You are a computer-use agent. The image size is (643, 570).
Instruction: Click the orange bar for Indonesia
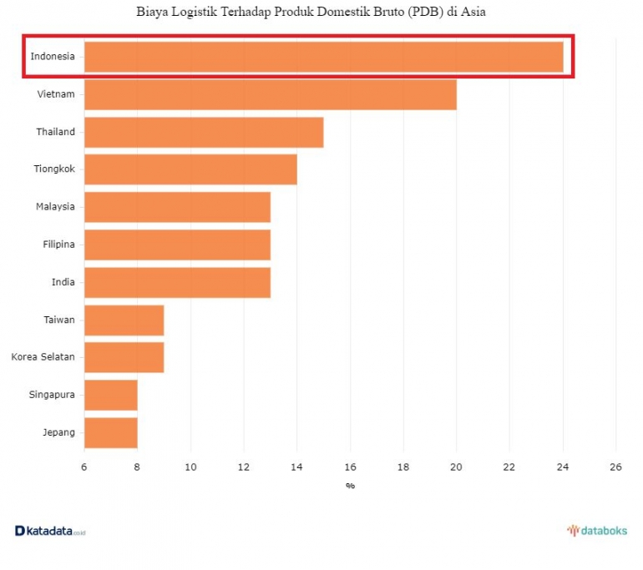coord(323,57)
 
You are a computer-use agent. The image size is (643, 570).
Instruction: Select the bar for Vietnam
coord(270,94)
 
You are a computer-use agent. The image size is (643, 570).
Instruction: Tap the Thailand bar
coord(204,132)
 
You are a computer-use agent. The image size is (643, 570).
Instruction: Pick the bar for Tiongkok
coord(190,169)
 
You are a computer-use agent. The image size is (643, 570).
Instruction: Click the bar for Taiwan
coord(124,320)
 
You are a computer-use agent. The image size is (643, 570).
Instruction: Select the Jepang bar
coord(110,432)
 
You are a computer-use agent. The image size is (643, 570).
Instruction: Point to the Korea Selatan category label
coord(43,357)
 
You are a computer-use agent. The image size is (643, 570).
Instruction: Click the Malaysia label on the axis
coord(55,207)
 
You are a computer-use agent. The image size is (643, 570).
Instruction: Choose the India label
coord(63,282)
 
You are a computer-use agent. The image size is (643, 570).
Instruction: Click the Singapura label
coord(52,395)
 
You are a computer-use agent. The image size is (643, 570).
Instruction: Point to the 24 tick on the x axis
coord(563,467)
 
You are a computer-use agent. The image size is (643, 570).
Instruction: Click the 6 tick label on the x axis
coord(84,467)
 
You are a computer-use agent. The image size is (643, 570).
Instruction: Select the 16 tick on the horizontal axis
coord(350,467)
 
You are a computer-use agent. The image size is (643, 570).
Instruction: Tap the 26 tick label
coord(615,467)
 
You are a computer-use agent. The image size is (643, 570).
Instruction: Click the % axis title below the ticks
coord(350,486)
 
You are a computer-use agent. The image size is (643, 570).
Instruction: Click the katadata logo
coord(50,531)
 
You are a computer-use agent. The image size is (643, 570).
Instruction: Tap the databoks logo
coord(597,530)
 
